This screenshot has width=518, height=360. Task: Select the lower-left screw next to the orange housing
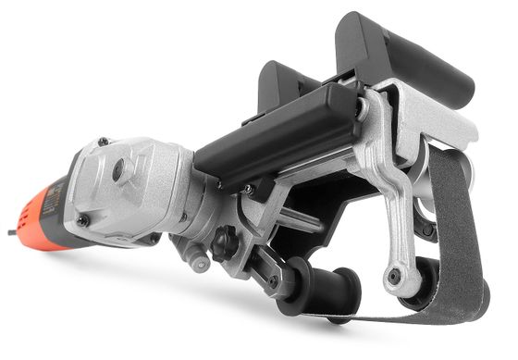(82, 221)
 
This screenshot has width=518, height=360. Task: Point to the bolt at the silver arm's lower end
(395, 276)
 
